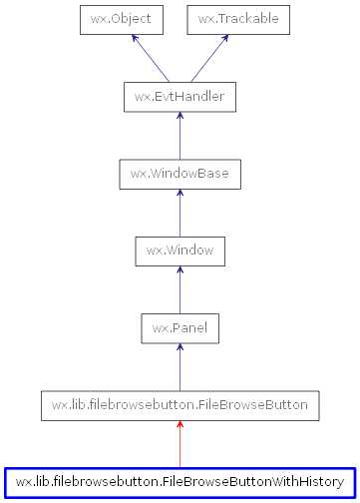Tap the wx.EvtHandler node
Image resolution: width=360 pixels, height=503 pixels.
coord(180,97)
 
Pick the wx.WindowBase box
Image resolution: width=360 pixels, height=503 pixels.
coord(180,174)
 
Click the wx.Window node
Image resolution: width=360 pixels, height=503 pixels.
coord(180,251)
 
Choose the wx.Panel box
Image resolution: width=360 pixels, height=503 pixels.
coord(180,327)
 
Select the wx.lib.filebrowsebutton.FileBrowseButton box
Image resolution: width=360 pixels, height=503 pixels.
coord(180,405)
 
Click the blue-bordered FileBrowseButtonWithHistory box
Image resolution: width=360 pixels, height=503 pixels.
coord(180,482)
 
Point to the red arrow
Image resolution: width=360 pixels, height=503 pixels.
coord(180,444)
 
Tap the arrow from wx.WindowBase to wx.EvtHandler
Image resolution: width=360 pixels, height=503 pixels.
coord(180,136)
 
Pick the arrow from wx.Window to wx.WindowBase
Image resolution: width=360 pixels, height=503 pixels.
coord(180,213)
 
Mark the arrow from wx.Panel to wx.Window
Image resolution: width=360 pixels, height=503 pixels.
coord(180,289)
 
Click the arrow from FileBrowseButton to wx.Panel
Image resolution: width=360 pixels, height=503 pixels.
coord(180,366)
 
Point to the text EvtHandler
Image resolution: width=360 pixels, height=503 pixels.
coord(187,97)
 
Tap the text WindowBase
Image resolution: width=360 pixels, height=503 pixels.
coord(187,174)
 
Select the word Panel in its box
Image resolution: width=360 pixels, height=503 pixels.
coord(187,327)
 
